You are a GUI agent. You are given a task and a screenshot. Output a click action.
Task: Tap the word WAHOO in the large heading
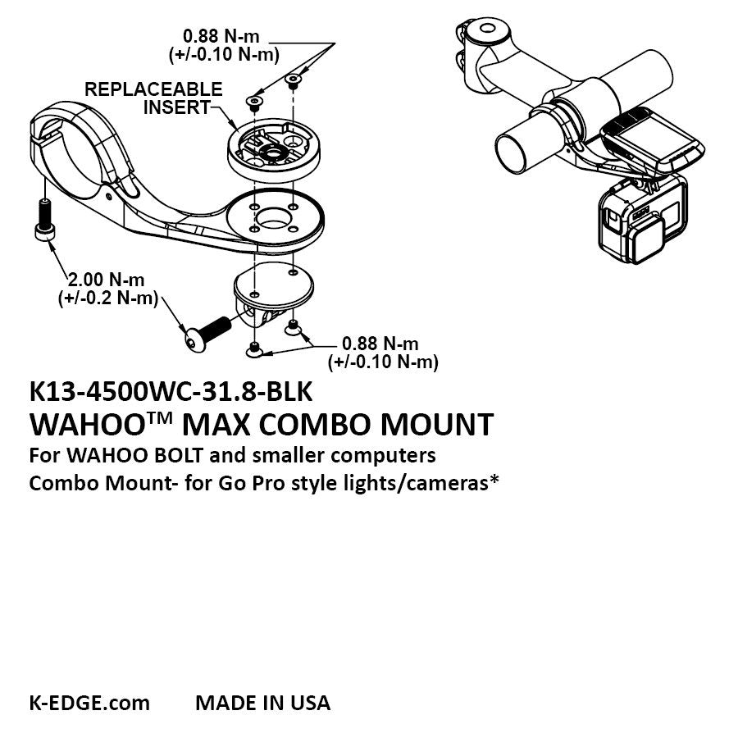pos(79,426)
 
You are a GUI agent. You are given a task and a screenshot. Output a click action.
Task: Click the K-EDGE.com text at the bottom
pos(89,703)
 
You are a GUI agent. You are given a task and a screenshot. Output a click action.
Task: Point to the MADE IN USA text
pos(262,703)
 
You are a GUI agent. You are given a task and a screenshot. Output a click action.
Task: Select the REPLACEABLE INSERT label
pos(154,98)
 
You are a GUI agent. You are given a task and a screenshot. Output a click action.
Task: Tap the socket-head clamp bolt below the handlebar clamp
pos(44,221)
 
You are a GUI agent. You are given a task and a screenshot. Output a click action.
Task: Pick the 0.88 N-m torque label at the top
pos(219,38)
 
